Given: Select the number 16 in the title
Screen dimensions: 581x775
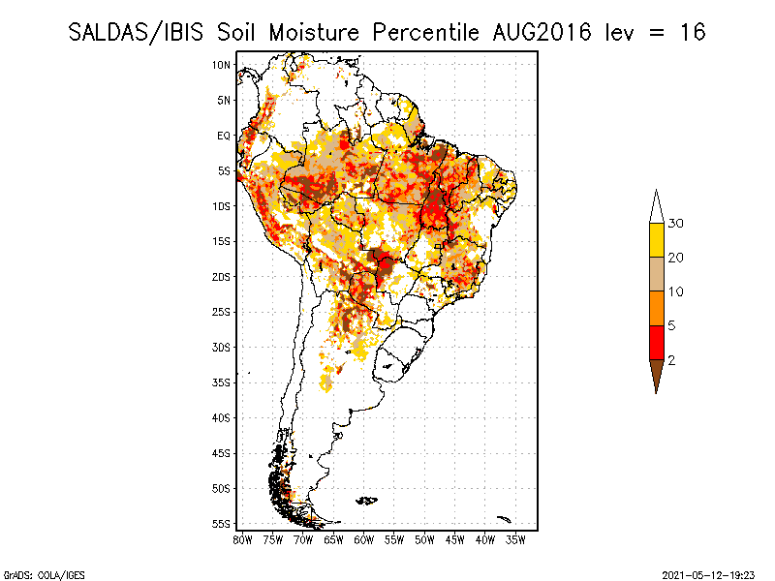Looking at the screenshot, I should (693, 32).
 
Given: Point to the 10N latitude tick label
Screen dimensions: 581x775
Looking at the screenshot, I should (221, 65).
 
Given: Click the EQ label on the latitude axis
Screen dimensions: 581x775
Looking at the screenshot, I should (224, 136).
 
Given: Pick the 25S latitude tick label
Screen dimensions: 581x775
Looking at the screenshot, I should (221, 312).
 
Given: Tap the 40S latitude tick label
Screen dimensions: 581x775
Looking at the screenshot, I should (221, 417).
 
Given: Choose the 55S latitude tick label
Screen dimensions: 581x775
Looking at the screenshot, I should (221, 523).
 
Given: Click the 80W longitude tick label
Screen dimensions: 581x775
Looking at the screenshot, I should (242, 538).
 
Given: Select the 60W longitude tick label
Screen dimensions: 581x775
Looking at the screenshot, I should (364, 538).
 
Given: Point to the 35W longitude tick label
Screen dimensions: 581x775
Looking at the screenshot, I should (515, 538).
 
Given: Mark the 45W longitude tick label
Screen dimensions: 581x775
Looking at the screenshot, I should (455, 538).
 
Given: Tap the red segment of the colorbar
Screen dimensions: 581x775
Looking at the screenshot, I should (656, 342).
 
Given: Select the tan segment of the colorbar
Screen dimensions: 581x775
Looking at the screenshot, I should (656, 274).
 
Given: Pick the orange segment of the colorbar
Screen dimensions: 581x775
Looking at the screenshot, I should (656, 308).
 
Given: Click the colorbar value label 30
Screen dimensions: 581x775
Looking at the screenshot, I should (675, 224).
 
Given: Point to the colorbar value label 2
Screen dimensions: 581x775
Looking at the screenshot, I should (671, 359).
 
